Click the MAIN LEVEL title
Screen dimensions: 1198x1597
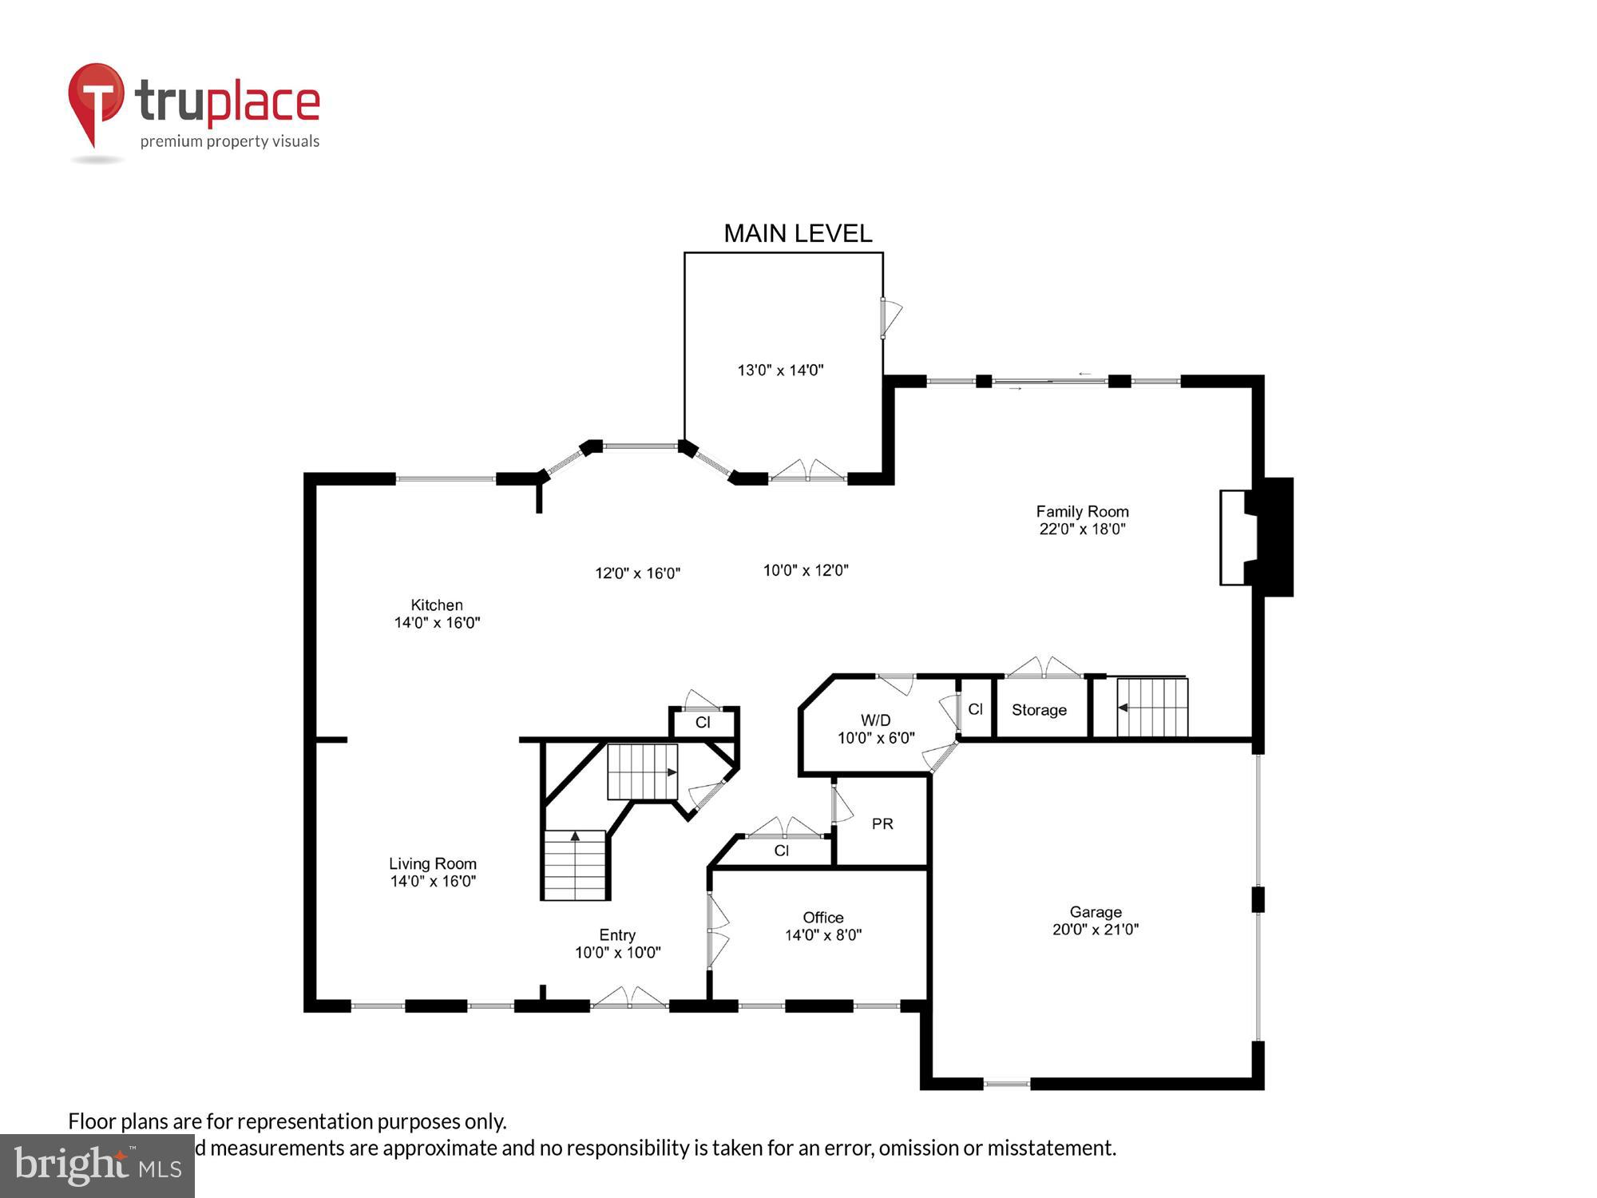tap(797, 233)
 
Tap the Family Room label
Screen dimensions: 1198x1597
tap(1082, 511)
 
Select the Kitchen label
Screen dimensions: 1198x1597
tap(437, 605)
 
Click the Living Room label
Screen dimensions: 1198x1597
tap(432, 863)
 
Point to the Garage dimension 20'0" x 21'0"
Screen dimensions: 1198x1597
tap(1095, 929)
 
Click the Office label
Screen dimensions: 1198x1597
tap(822, 918)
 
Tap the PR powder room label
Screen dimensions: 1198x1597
tap(882, 823)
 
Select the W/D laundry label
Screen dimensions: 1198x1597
tap(875, 720)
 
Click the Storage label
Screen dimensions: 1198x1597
tap(1039, 710)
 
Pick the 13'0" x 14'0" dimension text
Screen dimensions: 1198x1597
tap(780, 370)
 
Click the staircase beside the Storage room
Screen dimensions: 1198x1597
tap(1151, 708)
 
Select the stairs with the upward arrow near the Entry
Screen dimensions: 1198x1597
tap(575, 865)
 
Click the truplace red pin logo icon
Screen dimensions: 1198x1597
tap(96, 100)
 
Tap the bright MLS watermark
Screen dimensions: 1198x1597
tap(97, 1166)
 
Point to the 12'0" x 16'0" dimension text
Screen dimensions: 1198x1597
tap(637, 573)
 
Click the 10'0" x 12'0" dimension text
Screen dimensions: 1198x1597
tap(805, 570)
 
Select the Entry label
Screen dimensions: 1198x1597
tap(617, 934)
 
